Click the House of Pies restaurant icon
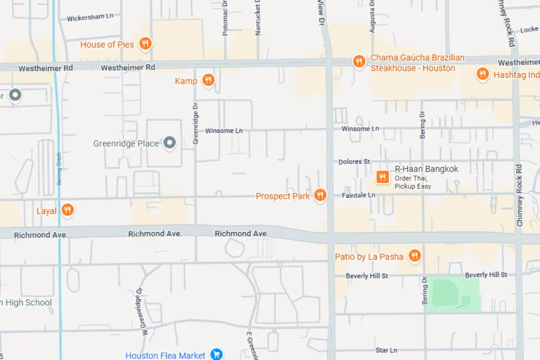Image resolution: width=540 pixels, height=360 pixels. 145,44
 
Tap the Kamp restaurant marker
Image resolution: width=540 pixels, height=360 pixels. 208,80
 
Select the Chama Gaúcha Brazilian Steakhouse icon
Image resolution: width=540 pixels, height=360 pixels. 358,61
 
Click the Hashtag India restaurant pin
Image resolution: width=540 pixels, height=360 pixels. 482,74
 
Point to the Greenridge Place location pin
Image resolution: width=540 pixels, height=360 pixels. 170,143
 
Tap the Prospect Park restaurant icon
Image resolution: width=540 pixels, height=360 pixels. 320,195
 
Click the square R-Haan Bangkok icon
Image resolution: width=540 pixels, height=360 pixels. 382,176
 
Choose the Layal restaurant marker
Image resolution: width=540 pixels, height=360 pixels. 67,210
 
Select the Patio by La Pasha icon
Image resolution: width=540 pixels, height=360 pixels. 414,256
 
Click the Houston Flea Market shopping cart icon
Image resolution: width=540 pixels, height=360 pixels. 216,354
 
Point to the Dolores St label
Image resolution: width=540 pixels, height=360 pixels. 354,161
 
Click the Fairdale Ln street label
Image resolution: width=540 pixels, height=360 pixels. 358,195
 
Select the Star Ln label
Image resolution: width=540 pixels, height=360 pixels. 386,350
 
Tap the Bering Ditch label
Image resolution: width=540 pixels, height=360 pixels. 59,168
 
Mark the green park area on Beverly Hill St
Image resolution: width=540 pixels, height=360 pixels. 452,295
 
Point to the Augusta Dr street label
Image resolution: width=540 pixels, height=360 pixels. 372,16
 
